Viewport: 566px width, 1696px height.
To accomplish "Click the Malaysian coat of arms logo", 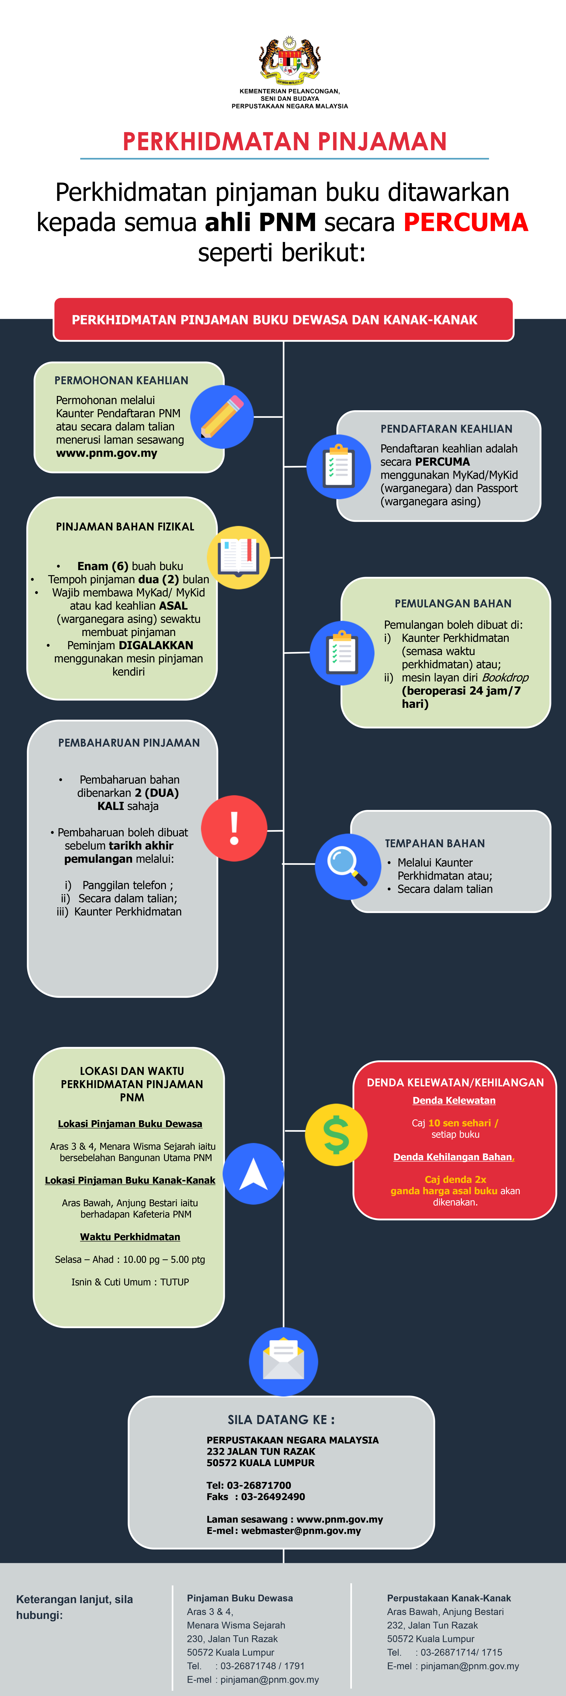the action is click(x=290, y=60).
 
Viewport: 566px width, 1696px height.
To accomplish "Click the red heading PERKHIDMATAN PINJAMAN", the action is click(x=285, y=142).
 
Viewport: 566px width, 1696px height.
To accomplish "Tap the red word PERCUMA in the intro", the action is click(x=466, y=223).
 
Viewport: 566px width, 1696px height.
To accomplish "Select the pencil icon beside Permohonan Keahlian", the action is click(x=222, y=417).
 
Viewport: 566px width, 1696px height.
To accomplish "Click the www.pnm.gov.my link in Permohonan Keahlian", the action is click(x=107, y=453).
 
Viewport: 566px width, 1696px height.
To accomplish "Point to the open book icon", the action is click(x=238, y=557).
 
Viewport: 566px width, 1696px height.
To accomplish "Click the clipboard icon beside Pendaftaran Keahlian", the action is click(x=339, y=466).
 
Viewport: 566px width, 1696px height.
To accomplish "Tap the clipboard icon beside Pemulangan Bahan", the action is click(x=342, y=652).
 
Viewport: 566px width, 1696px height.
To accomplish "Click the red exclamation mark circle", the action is click(x=234, y=828).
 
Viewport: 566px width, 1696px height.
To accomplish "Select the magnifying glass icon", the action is click(x=348, y=866).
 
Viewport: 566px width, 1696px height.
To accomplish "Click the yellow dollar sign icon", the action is click(x=336, y=1134).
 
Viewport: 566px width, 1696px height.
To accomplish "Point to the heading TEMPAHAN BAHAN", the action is click(x=435, y=843).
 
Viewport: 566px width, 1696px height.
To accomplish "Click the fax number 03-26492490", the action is click(x=273, y=1496).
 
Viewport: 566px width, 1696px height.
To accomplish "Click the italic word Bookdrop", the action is click(x=505, y=677).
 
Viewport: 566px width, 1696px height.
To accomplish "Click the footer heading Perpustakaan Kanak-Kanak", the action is click(x=449, y=1598).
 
